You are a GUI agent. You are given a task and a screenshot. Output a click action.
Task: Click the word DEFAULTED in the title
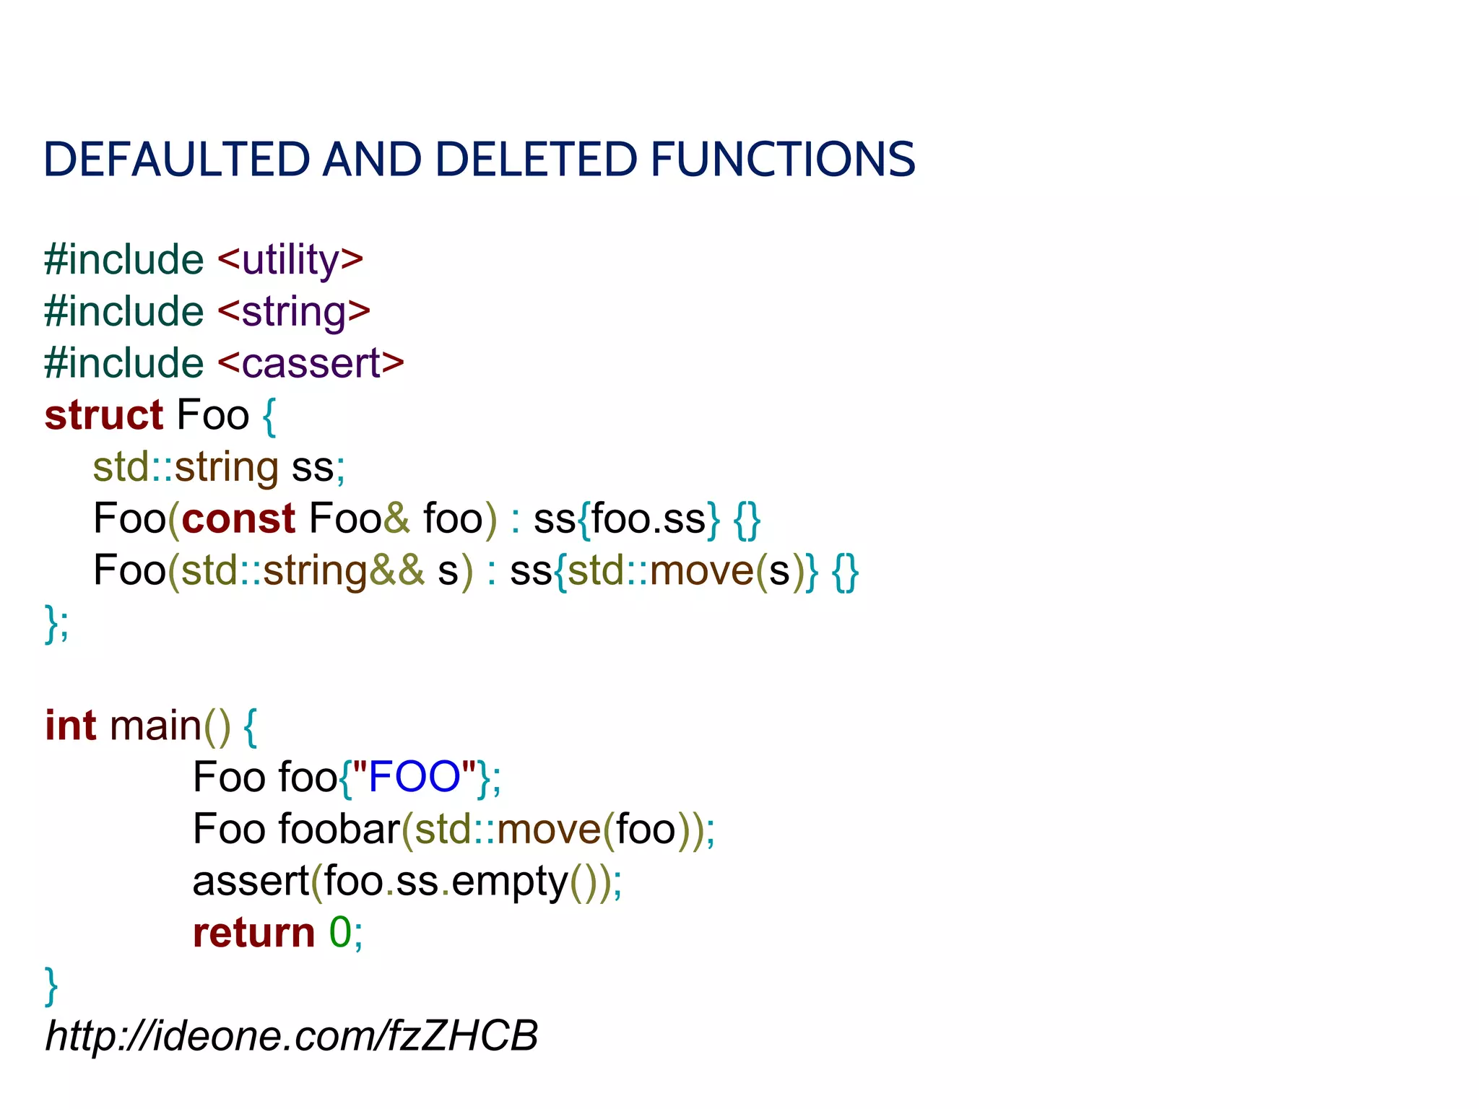click(176, 159)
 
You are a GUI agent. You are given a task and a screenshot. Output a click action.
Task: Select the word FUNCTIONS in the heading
click(783, 159)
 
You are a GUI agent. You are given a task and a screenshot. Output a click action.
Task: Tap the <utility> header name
click(290, 260)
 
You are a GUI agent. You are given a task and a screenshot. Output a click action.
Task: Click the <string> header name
click(293, 312)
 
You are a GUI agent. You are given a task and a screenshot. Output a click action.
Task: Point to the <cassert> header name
click(310, 363)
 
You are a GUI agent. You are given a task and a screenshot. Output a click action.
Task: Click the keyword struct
click(104, 415)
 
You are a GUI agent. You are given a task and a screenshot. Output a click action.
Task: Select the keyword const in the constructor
click(238, 518)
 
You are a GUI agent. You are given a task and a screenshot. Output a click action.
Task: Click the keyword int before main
click(70, 726)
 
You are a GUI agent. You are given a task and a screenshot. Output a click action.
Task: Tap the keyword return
click(253, 932)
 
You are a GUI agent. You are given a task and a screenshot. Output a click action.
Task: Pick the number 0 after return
click(340, 932)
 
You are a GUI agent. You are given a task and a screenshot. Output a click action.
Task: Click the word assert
click(251, 881)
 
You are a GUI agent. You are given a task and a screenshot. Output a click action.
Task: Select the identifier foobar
click(339, 829)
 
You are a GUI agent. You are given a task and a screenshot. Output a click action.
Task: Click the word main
click(155, 726)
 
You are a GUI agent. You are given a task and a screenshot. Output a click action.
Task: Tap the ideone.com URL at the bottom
click(292, 1036)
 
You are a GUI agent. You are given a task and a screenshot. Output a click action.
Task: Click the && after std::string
click(396, 570)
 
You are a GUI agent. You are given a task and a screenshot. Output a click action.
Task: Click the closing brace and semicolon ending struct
click(57, 622)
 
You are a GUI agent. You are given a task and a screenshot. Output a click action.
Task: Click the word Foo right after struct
click(212, 415)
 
